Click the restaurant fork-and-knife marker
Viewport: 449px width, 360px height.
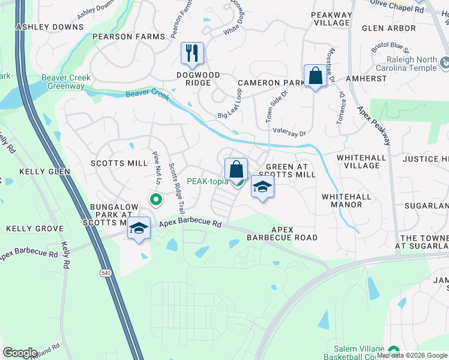coord(192,53)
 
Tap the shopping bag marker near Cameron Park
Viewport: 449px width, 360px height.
coord(315,76)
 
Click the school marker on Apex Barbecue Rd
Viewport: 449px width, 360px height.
coord(139,229)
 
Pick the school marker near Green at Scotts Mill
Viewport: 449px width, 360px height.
coord(262,187)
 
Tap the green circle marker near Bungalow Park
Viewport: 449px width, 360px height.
coord(155,199)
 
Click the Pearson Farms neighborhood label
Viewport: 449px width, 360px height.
coord(128,37)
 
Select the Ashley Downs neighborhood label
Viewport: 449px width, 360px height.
coord(50,27)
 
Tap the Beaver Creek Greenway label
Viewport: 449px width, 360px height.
coord(63,82)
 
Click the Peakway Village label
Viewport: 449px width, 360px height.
coord(332,18)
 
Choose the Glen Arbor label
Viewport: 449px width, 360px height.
coord(389,28)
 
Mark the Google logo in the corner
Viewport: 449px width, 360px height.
coord(20,352)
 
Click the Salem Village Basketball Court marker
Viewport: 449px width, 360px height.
coord(394,351)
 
